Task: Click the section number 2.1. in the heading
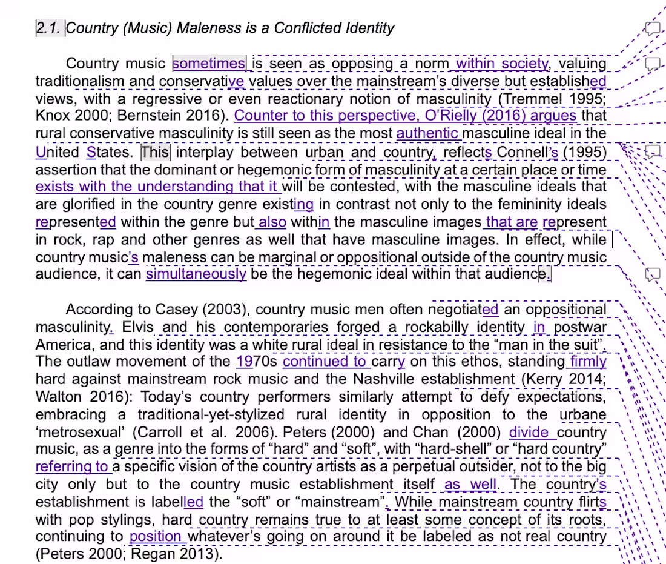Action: pyautogui.click(x=49, y=28)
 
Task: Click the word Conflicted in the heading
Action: pyautogui.click(x=306, y=28)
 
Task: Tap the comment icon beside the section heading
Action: pyautogui.click(x=651, y=28)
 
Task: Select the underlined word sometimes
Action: pyautogui.click(x=209, y=64)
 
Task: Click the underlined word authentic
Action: pyautogui.click(x=427, y=133)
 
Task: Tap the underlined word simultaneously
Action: pyautogui.click(x=196, y=274)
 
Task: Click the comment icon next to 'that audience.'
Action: pyautogui.click(x=651, y=274)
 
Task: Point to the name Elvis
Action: pyautogui.click(x=139, y=328)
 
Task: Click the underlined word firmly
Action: pyautogui.click(x=588, y=362)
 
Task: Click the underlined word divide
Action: pyautogui.click(x=530, y=433)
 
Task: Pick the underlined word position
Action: pyautogui.click(x=155, y=536)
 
